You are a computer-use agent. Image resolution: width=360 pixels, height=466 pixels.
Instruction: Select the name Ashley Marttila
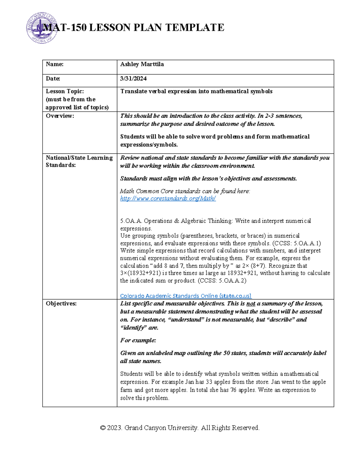point(142,64)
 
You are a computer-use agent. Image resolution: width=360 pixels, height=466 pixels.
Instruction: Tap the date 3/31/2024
point(133,79)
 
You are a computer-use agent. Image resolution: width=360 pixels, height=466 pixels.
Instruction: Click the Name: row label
point(54,64)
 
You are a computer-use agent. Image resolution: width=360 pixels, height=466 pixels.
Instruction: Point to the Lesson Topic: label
point(64,91)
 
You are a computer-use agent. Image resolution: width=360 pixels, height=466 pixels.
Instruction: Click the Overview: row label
point(60,116)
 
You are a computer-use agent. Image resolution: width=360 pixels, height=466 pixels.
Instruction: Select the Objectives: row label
point(61,304)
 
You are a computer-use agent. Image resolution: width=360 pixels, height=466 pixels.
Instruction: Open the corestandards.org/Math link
point(168,198)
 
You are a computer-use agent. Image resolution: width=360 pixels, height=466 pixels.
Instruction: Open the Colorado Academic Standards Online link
point(185,296)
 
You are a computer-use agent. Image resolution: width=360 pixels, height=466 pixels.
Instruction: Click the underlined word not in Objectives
point(250,304)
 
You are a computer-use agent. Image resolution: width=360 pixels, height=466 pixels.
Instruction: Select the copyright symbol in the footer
point(103,428)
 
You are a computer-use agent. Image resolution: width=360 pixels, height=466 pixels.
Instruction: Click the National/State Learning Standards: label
point(79,161)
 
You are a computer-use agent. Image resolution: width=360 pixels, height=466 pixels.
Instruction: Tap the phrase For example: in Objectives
point(138,340)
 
